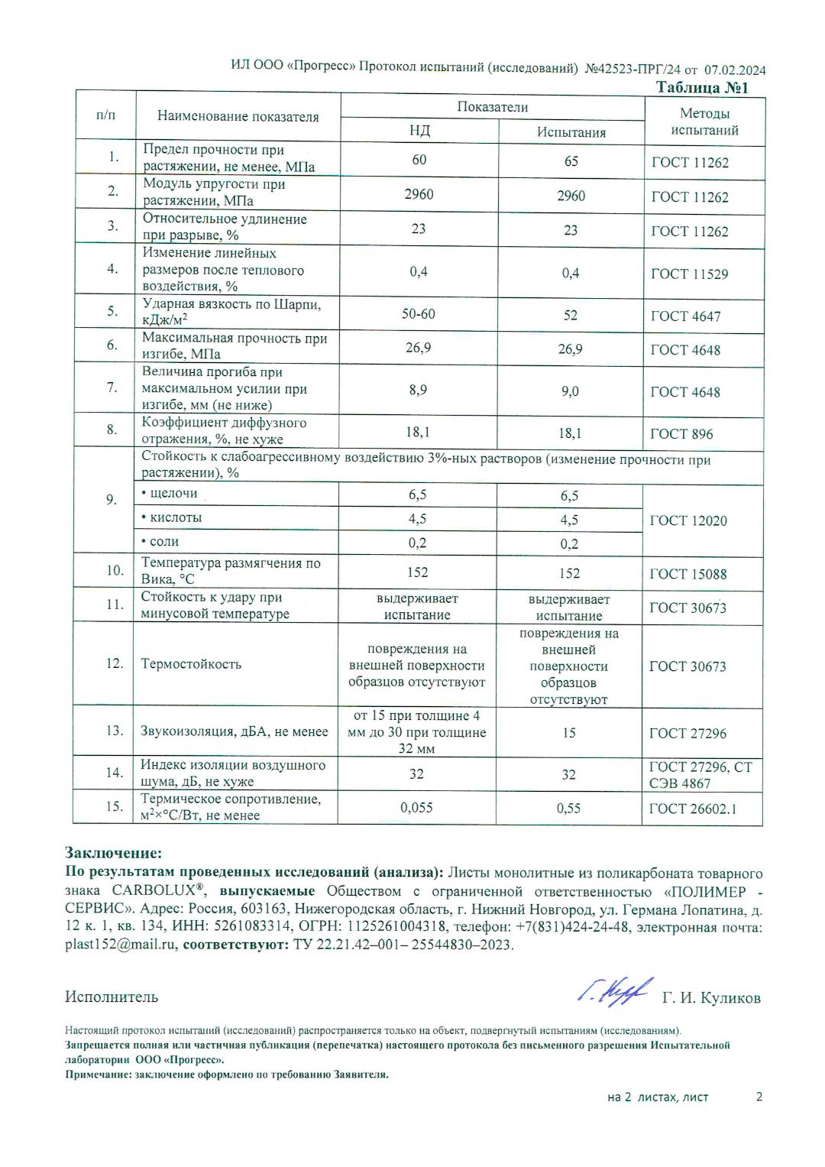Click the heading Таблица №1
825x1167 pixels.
[x=702, y=88]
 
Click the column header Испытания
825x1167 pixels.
[x=571, y=132]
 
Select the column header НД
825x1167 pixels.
[x=419, y=131]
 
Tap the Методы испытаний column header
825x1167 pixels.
[x=704, y=122]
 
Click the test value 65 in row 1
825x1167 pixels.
[x=571, y=161]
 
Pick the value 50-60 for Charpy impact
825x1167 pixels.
[x=419, y=314]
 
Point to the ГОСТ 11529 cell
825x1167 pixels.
[x=689, y=274]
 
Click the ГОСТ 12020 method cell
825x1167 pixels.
[x=687, y=520]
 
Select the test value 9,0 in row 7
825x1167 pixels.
[x=570, y=391]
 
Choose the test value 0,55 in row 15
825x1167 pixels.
[x=568, y=808]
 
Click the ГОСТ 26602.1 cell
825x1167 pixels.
[x=692, y=809]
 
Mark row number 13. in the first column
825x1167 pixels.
[x=114, y=731]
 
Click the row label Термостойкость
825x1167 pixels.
[x=191, y=664]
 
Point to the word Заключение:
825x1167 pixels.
[x=113, y=853]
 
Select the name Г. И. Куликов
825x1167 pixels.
[x=710, y=998]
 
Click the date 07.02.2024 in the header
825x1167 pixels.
[x=734, y=70]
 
